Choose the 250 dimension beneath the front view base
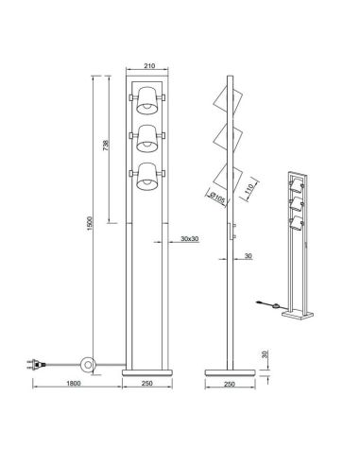[x=147, y=385]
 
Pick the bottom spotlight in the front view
[x=147, y=177]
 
